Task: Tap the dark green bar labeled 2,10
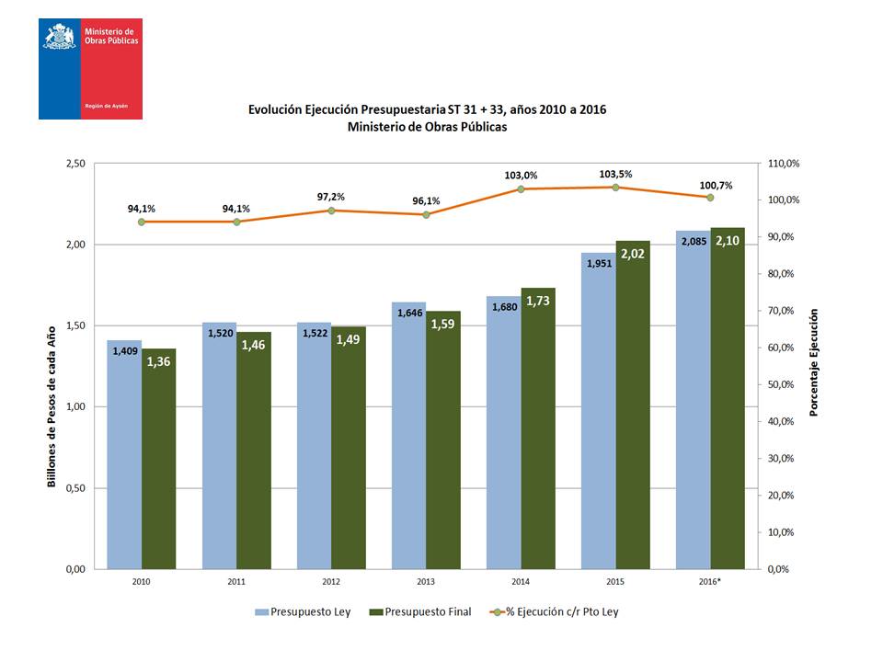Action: point(728,405)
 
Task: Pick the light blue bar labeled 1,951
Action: point(598,414)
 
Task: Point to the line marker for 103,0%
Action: point(521,188)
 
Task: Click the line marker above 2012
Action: point(331,211)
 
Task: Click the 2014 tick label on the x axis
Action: point(521,581)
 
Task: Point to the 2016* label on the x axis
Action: point(711,581)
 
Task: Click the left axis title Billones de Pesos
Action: point(52,405)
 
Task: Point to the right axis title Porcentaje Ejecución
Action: point(813,362)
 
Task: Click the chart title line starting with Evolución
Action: point(428,109)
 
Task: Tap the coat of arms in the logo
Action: point(59,37)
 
